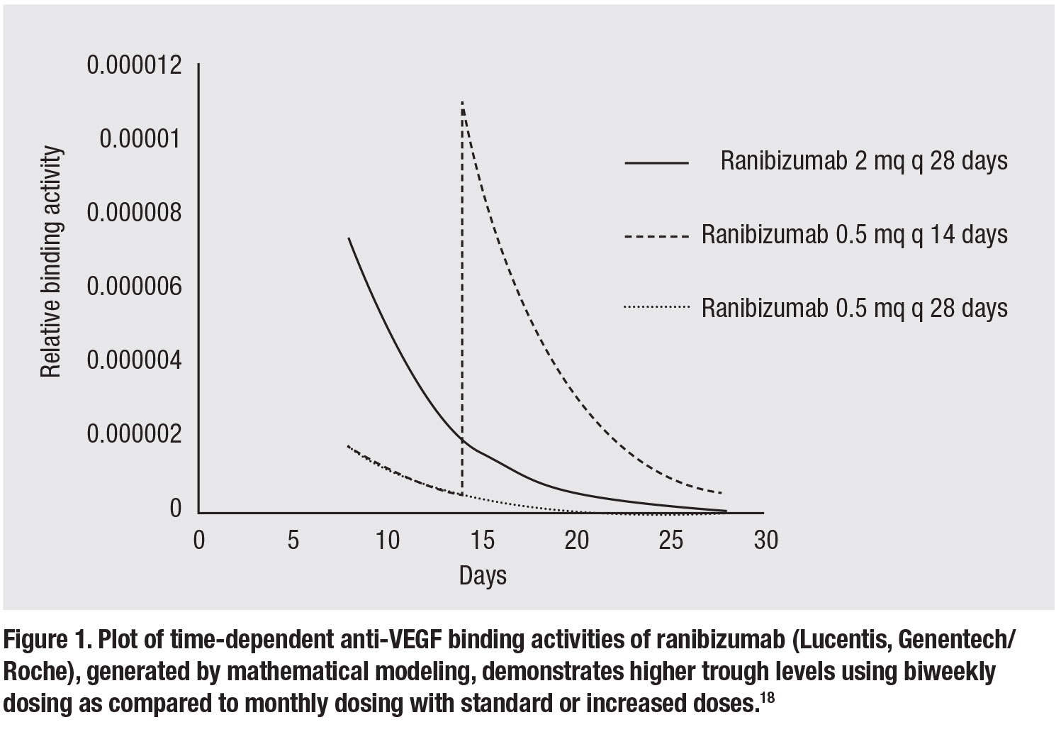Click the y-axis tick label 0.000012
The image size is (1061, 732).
134,65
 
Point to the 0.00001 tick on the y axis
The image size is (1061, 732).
140,139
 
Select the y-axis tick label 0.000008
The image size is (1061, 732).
134,213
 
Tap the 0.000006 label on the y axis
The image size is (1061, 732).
134,287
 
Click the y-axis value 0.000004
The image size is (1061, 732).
134,360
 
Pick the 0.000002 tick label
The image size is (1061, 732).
134,434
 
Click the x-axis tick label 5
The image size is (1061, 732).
293,540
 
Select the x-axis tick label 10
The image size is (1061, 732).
387,540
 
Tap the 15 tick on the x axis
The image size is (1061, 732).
482,540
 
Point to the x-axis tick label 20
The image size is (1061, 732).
576,540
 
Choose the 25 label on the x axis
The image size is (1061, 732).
671,540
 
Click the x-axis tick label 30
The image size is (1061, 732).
765,540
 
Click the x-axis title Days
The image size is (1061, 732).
483,575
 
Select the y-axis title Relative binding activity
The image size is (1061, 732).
51,262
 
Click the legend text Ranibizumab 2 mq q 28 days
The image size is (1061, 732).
863,162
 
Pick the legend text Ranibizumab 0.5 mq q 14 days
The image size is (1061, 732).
854,234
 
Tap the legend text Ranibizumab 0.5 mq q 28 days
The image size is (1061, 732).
854,308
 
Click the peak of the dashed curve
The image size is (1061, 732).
462,103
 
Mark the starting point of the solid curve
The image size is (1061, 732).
349,238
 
